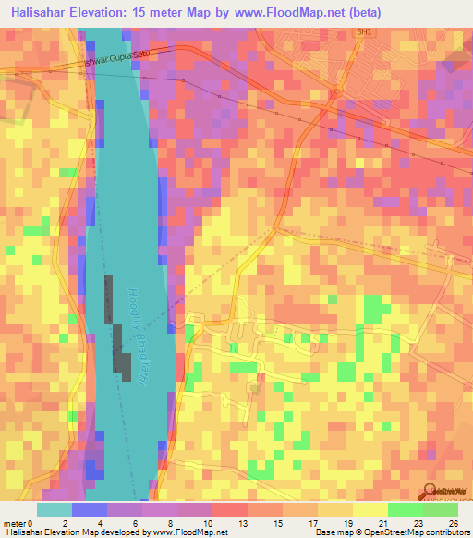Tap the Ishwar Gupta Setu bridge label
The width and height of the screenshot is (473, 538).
tap(116, 58)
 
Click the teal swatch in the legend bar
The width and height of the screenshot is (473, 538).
tap(54, 509)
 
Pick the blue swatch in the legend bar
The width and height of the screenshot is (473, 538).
tap(89, 509)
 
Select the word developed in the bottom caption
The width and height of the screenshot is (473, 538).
tap(127, 532)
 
